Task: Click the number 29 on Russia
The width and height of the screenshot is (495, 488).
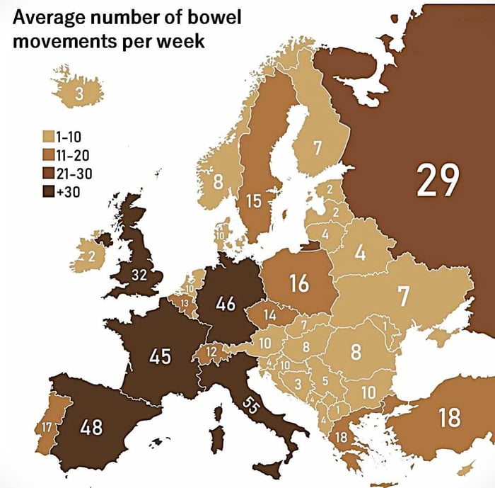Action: (438, 180)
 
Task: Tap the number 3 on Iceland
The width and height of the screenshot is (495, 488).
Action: (79, 93)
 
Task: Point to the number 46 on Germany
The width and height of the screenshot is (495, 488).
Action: (226, 305)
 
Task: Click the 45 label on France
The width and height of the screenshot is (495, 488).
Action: (160, 356)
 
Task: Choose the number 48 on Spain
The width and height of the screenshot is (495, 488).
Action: (91, 427)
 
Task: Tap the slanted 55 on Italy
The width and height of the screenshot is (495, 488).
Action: (250, 406)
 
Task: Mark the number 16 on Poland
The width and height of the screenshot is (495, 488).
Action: (299, 283)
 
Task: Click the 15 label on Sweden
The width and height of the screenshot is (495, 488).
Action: (254, 202)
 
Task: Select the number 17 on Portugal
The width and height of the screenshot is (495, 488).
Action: (46, 427)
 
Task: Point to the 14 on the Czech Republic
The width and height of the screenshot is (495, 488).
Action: (269, 314)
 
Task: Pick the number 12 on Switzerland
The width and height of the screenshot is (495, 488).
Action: (211, 351)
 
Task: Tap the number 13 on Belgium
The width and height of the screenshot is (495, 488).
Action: (185, 304)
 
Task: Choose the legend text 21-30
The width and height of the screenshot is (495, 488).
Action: (74, 172)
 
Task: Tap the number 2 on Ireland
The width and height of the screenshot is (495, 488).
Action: (91, 257)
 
